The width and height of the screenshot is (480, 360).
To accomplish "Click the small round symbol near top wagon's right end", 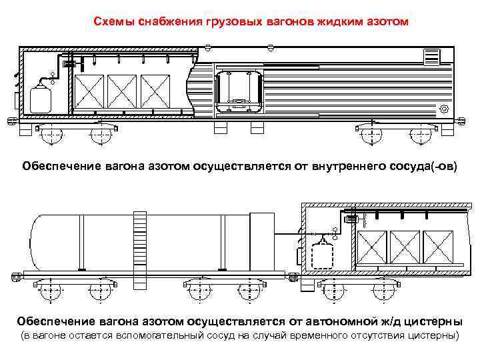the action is click(x=445, y=109).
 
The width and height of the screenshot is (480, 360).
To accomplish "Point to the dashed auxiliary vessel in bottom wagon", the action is click(x=325, y=255).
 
